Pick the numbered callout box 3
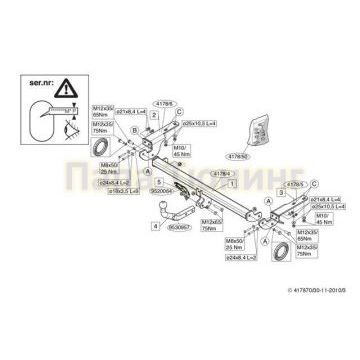click(253, 163)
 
